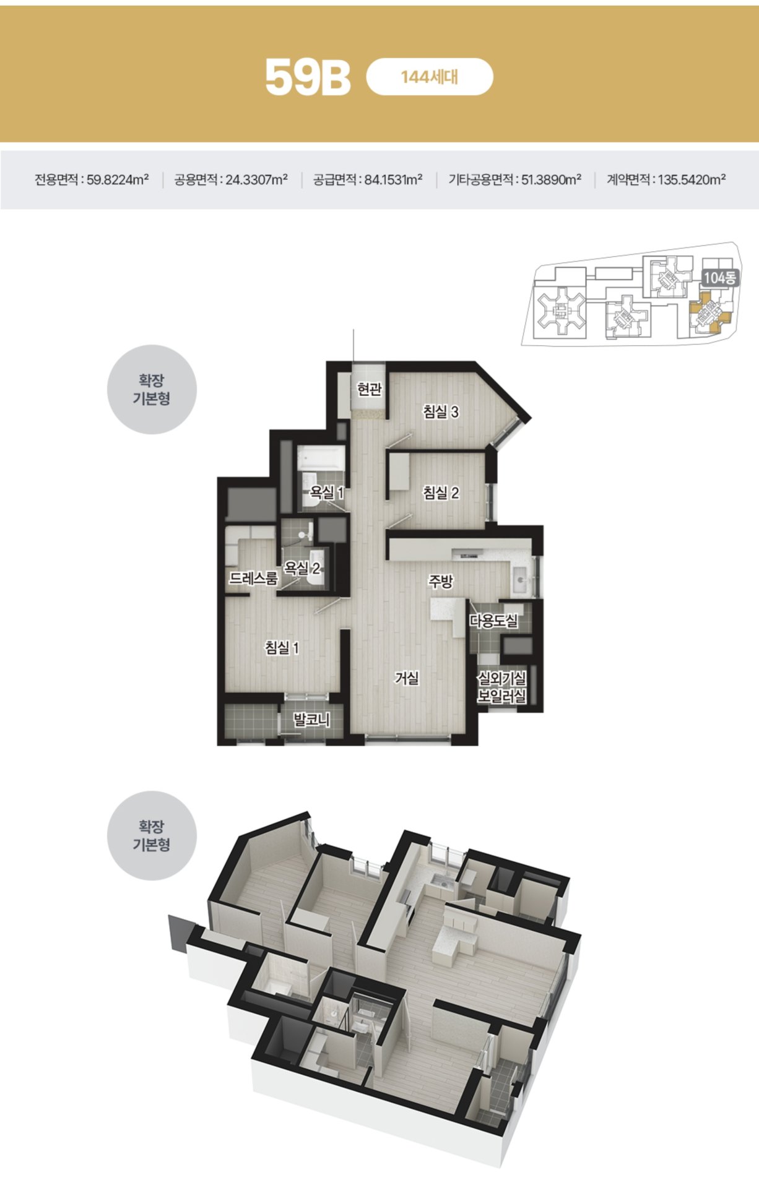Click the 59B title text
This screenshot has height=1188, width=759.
coord(308,77)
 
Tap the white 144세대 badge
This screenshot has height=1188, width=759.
coord(430,77)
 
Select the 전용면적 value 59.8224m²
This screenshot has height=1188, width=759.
coord(118,180)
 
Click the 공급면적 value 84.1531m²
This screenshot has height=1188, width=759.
coord(393,180)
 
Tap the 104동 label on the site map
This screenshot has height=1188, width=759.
coord(720,278)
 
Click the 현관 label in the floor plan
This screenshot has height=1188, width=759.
coord(370,389)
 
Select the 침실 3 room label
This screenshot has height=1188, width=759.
coord(441,411)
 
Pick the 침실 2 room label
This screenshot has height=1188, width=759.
coord(441,493)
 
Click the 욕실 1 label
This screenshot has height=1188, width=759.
coord(327,493)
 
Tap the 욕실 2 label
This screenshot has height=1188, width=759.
coord(302,567)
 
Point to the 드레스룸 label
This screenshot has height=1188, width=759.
coord(254,579)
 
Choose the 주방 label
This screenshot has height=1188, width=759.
coord(441,581)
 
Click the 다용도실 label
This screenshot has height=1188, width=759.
coord(493,621)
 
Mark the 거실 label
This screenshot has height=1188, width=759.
coord(407,678)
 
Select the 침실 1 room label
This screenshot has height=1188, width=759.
coord(282,648)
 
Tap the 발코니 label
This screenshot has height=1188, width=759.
coord(311,720)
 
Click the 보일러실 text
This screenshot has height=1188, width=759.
coord(501,696)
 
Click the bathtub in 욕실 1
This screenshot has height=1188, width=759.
coord(321,458)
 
